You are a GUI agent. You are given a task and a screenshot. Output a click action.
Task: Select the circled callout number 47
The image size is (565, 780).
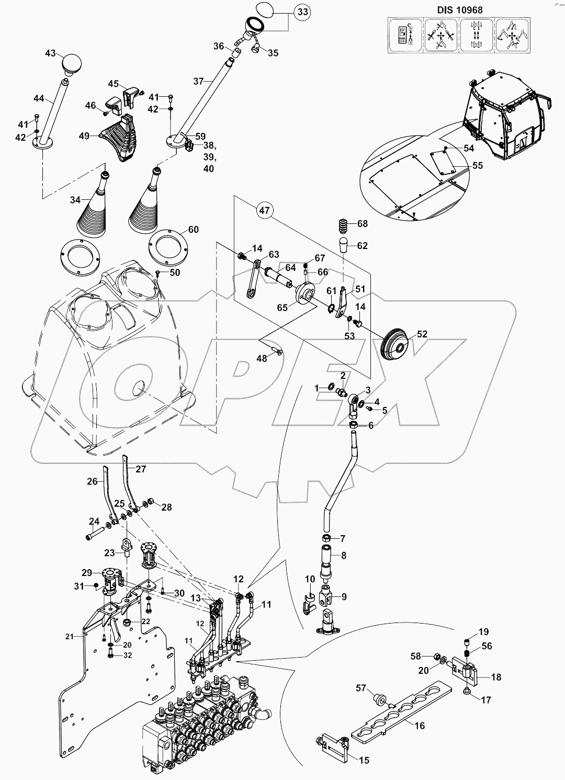pyautogui.click(x=265, y=211)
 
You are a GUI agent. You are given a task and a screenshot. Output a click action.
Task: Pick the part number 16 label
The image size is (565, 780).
pyautogui.click(x=420, y=726)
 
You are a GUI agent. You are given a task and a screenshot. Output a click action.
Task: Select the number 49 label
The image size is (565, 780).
pyautogui.click(x=84, y=136)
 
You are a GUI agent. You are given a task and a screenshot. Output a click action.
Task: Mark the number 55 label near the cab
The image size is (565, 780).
pyautogui.click(x=477, y=166)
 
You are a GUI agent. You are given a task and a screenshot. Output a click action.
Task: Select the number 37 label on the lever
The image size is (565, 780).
pyautogui.click(x=198, y=81)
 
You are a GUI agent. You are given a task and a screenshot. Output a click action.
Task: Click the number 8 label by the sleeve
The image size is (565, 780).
pyautogui.click(x=343, y=556)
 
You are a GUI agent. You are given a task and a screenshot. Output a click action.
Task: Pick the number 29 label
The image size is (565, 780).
pyautogui.click(x=86, y=573)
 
